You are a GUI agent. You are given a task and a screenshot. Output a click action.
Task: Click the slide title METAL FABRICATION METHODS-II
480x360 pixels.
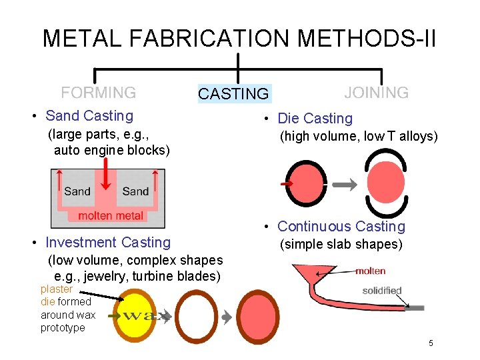[x=239, y=38]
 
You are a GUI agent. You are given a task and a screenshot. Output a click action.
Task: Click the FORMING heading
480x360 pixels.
[x=99, y=93]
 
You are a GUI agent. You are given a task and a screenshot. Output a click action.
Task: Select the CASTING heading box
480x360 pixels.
[x=233, y=94]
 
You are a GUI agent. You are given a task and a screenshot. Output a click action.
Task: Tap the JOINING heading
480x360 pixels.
[x=377, y=93]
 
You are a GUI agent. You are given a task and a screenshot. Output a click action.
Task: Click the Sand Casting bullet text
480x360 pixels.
[x=89, y=116]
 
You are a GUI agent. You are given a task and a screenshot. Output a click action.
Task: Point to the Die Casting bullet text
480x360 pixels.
[x=315, y=119]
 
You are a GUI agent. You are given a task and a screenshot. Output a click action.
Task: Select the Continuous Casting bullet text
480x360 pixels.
[x=341, y=227]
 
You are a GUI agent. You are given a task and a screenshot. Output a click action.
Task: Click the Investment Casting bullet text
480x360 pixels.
[x=107, y=243]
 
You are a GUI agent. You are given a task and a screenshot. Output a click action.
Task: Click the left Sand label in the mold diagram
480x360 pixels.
[x=77, y=191]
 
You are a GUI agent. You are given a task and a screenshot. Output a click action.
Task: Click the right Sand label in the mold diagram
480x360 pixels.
[x=135, y=191]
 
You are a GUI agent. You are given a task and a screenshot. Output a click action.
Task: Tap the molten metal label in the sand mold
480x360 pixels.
[x=111, y=215]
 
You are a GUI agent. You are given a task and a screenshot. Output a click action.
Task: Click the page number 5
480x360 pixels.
[x=431, y=343]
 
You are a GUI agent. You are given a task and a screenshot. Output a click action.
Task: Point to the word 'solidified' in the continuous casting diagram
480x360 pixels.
[x=381, y=291]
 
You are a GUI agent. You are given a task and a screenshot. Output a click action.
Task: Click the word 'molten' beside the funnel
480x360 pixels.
[x=370, y=271]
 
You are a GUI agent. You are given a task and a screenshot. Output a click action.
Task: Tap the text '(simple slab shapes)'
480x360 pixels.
[x=341, y=245]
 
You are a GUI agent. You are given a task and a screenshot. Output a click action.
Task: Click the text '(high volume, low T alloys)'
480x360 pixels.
[x=358, y=137]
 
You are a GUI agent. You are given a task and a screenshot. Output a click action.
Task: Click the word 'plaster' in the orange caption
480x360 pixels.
[x=56, y=289]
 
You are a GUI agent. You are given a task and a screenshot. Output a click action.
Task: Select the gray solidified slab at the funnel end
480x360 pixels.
[x=415, y=307]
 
